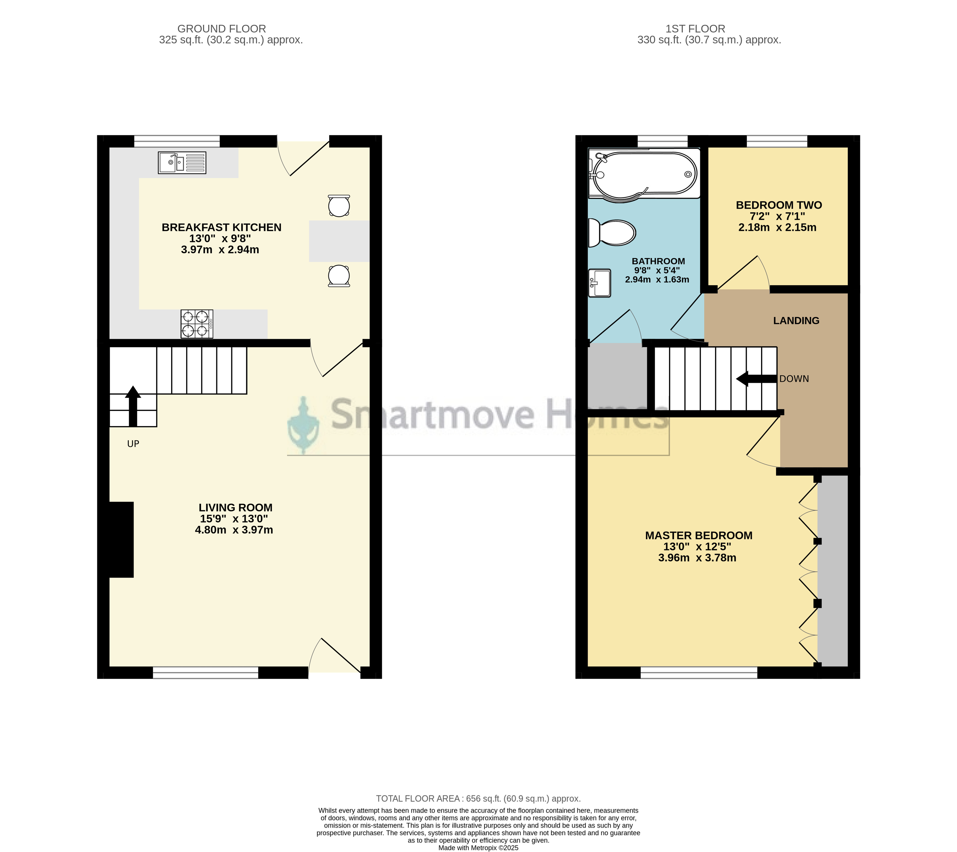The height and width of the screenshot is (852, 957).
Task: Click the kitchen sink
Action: [x=182, y=163]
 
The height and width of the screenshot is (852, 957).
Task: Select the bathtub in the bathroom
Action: [x=644, y=175]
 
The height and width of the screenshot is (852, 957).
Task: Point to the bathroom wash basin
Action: [x=600, y=283]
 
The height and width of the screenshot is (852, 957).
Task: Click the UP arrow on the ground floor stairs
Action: [x=133, y=406]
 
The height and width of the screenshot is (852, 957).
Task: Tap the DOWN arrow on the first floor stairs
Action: [x=756, y=379]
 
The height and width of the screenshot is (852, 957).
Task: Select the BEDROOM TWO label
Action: [x=779, y=205]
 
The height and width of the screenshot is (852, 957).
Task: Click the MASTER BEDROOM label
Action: [x=698, y=536]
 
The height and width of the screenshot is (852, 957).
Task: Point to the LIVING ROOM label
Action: [x=235, y=508]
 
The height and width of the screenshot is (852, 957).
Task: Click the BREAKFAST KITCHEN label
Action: [x=222, y=227]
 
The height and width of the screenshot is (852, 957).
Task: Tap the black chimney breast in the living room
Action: [x=121, y=540]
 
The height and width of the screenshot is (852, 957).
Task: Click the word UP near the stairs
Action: [x=133, y=444]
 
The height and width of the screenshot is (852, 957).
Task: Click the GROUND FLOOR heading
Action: [x=222, y=29]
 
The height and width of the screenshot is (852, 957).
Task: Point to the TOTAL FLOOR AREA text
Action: [x=478, y=799]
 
